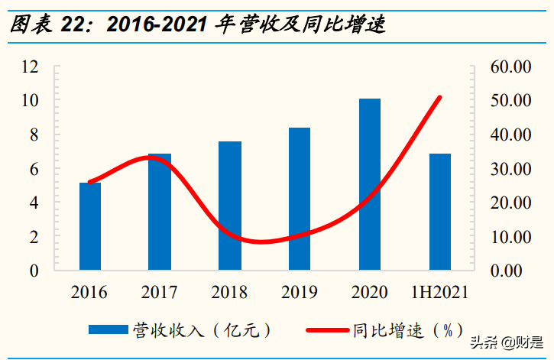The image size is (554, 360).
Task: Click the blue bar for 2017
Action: tap(160, 212)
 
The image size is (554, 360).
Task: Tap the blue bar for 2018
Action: tap(230, 206)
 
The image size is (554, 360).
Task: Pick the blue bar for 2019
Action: tap(300, 199)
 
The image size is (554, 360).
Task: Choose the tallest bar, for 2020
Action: tap(370, 184)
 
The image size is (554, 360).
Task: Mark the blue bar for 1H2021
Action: tap(440, 212)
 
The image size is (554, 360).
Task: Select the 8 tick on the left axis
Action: tap(34, 135)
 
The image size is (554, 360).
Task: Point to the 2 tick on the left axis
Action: tap(34, 237)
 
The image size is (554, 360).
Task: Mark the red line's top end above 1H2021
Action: tap(440, 97)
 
